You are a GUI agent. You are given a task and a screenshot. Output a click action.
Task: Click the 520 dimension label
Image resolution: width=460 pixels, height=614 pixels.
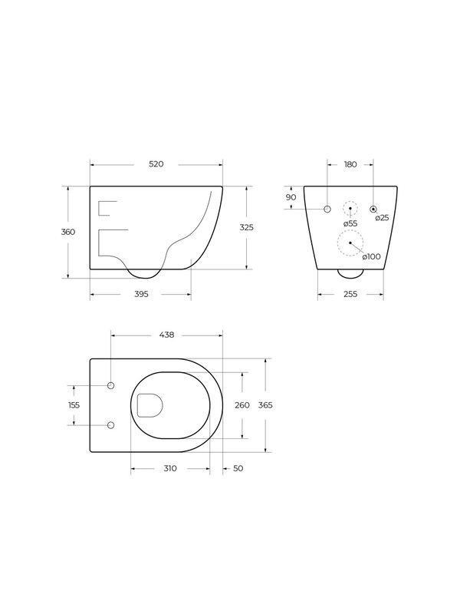click(x=156, y=164)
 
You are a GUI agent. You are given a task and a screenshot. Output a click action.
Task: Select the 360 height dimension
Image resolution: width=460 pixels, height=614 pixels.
click(x=68, y=232)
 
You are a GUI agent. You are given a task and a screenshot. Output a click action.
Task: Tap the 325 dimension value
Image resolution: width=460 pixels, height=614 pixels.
click(x=246, y=227)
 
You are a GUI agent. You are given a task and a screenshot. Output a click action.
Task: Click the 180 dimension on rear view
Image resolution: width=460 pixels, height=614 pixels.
click(x=350, y=164)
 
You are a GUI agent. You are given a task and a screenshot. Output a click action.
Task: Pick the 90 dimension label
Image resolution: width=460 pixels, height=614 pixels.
click(x=291, y=197)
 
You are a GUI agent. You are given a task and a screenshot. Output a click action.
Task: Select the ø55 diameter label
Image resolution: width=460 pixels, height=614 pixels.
click(x=350, y=223)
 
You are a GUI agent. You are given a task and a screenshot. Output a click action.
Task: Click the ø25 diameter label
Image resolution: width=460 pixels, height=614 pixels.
click(x=382, y=218)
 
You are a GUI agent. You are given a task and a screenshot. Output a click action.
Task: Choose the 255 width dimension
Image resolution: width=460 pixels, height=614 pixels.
click(x=350, y=293)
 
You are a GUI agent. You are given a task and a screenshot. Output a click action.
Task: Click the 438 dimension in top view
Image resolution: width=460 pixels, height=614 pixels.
click(x=166, y=335)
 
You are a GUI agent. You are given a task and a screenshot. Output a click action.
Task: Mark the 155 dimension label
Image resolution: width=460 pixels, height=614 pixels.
click(x=74, y=404)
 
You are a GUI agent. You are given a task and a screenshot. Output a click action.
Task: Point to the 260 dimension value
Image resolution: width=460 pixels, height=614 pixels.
click(x=242, y=404)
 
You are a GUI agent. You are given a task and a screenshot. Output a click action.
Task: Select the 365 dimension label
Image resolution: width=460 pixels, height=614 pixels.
click(x=265, y=404)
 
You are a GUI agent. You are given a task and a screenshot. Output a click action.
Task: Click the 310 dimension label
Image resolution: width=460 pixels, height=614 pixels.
click(x=170, y=467)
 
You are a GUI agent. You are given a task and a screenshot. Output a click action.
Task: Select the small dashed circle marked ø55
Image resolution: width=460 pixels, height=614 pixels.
click(x=350, y=209)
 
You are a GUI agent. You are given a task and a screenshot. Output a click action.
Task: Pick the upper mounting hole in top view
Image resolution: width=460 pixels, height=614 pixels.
click(x=111, y=385)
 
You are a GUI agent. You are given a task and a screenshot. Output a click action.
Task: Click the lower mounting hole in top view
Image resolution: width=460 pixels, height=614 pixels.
click(x=111, y=424)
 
